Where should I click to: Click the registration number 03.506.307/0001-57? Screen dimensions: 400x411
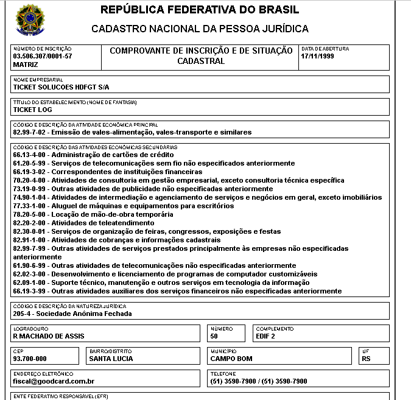(43, 56)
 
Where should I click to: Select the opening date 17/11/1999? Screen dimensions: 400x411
(319, 56)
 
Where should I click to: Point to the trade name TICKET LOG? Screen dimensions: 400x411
(32, 110)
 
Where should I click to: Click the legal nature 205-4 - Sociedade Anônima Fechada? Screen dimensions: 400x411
(72, 314)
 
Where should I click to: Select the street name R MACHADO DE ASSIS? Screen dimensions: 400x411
(49, 336)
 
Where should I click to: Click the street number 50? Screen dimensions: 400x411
(214, 336)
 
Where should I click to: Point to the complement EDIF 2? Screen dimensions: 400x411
(265, 336)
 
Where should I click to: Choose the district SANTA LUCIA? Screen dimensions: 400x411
(111, 359)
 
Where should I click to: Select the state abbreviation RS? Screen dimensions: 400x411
(366, 359)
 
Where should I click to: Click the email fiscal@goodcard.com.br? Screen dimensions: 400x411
(54, 381)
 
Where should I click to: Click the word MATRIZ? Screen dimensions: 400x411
(26, 64)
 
